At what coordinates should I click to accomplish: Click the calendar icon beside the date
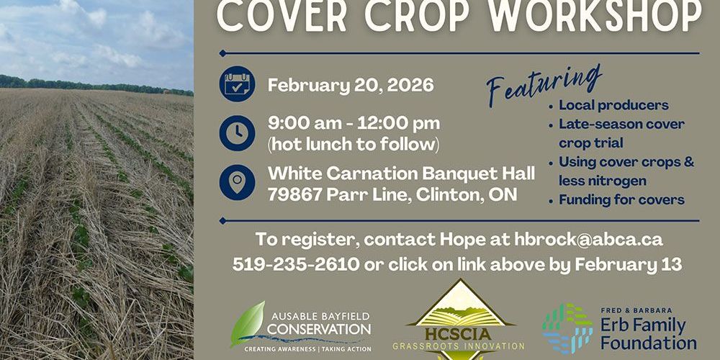tap(238, 85)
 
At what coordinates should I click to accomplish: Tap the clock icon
tap(238, 132)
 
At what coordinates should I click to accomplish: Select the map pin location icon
tap(238, 182)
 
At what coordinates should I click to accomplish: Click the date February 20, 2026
tap(351, 86)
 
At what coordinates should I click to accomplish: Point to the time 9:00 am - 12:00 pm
tap(354, 123)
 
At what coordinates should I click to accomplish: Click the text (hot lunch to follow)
tap(353, 144)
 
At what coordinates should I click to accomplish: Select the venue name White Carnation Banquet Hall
tap(401, 174)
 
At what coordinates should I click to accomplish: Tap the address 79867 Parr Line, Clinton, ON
tap(392, 195)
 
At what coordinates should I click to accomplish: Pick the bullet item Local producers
tap(613, 105)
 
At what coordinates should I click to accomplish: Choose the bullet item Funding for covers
tap(621, 199)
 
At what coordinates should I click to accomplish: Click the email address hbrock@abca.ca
tap(588, 239)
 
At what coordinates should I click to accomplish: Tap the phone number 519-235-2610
tap(296, 264)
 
